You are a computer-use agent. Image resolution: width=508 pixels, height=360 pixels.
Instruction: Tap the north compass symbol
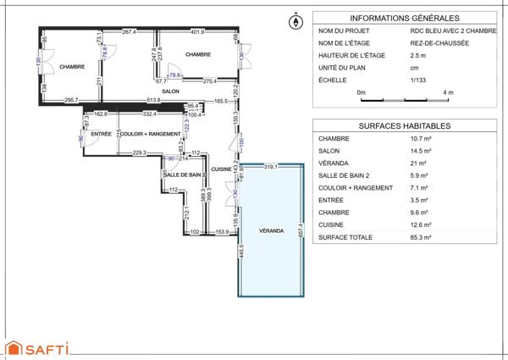pos(296,22)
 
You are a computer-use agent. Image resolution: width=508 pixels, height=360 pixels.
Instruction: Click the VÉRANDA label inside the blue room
pos(271,230)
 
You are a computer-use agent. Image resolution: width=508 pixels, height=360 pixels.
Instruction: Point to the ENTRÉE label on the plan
pos(102,134)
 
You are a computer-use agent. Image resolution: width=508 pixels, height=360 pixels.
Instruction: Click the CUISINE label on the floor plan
pos(222,169)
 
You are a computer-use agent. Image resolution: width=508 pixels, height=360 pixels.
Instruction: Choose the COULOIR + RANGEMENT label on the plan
pos(151,134)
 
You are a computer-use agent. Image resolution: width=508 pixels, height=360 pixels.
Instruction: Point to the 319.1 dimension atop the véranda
pos(271,166)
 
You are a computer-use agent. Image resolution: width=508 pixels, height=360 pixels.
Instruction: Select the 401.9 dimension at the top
pos(197,32)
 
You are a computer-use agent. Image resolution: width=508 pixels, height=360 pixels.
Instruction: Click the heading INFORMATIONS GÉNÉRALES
pos(405,17)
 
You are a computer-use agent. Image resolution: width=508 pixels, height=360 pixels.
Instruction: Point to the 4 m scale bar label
pos(448,91)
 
